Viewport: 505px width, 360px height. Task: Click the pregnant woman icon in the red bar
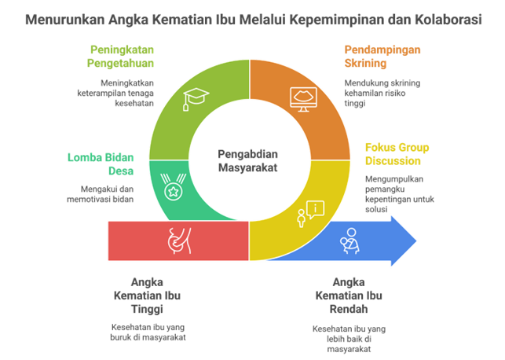tap(178, 241)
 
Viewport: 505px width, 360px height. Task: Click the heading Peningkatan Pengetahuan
tap(121, 57)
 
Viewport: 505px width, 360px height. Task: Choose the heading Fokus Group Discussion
tap(397, 154)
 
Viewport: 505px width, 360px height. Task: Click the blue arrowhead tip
tap(417, 241)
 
